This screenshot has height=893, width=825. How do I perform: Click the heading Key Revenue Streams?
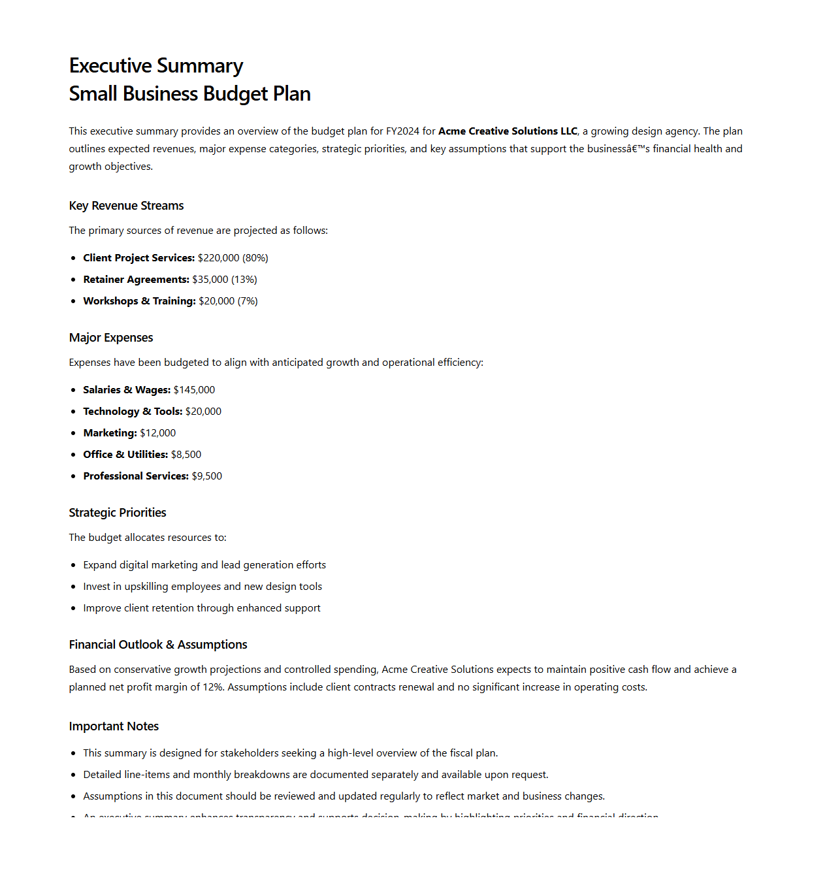pyautogui.click(x=126, y=206)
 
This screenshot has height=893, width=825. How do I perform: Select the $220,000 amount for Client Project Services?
pyautogui.click(x=218, y=258)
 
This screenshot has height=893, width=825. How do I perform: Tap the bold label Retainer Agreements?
pyautogui.click(x=136, y=280)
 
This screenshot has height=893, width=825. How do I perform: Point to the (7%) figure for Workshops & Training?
pyautogui.click(x=248, y=301)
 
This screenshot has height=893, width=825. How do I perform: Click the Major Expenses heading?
pyautogui.click(x=111, y=338)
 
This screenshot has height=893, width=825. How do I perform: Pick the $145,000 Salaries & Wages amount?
pyautogui.click(x=194, y=390)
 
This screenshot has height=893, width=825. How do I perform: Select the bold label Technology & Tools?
pyautogui.click(x=133, y=412)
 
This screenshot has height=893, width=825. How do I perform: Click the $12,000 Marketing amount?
pyautogui.click(x=157, y=433)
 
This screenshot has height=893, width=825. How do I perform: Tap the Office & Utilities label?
pyautogui.click(x=125, y=455)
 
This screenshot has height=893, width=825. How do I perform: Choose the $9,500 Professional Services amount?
pyautogui.click(x=206, y=476)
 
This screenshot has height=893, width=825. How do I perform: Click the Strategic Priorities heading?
pyautogui.click(x=118, y=513)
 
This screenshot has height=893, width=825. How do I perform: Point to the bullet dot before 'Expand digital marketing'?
pyautogui.click(x=73, y=566)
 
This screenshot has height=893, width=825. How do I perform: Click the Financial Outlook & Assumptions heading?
pyautogui.click(x=158, y=645)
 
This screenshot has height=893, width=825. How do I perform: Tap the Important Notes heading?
pyautogui.click(x=114, y=726)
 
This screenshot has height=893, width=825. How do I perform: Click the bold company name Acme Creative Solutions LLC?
pyautogui.click(x=508, y=131)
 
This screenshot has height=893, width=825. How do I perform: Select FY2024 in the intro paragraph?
pyautogui.click(x=402, y=131)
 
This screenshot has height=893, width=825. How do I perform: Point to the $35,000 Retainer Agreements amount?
pyautogui.click(x=210, y=280)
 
